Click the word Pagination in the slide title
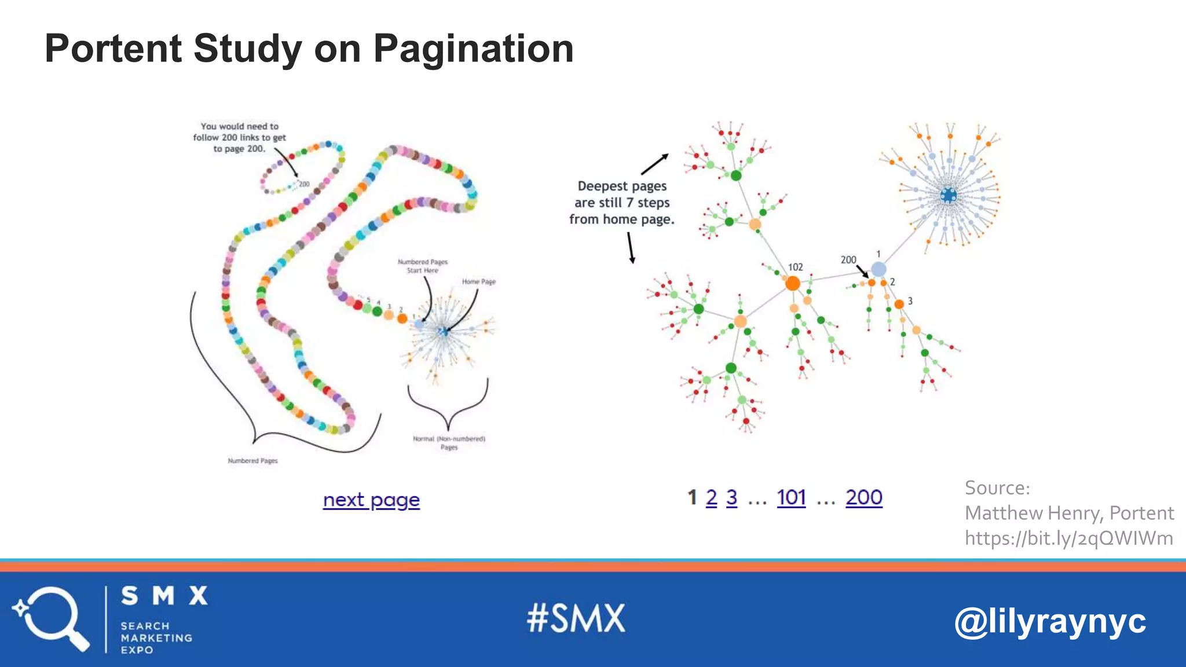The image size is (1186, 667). (x=473, y=49)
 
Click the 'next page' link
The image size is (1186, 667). (x=371, y=500)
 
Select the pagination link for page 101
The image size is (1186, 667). (x=791, y=497)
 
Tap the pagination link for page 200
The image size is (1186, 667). (x=863, y=497)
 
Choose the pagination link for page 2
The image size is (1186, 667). (x=711, y=498)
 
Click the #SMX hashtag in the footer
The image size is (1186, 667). (x=576, y=618)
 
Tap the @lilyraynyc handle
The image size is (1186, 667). (x=1049, y=621)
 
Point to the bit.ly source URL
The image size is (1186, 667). (x=1068, y=538)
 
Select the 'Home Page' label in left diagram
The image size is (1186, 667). (x=478, y=281)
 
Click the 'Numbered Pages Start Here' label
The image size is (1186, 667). (x=422, y=266)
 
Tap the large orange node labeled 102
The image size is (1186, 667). (x=793, y=283)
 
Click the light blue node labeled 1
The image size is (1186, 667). (x=878, y=269)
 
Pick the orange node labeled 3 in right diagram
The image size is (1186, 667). (x=899, y=304)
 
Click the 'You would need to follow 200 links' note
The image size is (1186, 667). (x=239, y=137)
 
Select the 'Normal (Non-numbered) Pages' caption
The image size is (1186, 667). (x=449, y=443)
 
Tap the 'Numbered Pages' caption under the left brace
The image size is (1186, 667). (x=252, y=461)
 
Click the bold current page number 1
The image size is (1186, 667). (x=691, y=497)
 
